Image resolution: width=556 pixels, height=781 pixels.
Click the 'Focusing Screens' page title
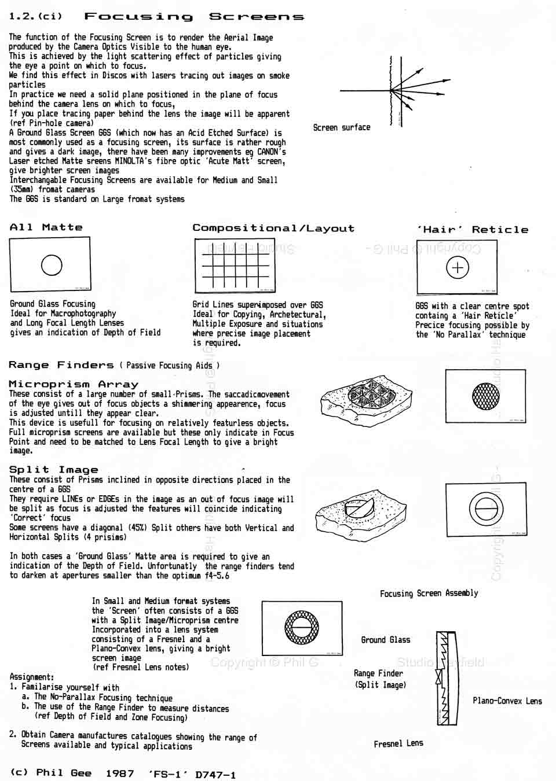194,16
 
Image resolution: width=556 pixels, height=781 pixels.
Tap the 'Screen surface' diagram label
341,127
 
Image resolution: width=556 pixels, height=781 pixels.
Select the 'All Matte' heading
46,227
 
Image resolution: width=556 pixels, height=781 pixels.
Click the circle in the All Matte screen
52,265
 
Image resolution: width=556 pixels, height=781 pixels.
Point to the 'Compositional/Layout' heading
273,228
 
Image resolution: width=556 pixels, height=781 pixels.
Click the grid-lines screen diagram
235,266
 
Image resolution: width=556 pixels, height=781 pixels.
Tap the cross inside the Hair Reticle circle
458,267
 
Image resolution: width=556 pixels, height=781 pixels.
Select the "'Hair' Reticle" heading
473,230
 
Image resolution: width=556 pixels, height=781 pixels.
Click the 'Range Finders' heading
61,365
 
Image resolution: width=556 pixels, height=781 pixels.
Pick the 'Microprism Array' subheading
74,384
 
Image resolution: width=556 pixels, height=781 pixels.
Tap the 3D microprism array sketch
367,398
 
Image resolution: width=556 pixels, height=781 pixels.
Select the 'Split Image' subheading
54,470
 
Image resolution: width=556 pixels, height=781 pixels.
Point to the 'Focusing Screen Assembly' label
429,593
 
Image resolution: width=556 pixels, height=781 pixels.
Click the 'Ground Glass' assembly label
385,640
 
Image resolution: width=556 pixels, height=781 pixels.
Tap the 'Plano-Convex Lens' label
507,701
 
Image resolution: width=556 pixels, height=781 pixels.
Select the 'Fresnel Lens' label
398,743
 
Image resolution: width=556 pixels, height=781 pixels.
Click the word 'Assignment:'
32,676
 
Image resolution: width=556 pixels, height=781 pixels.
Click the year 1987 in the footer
120,773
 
